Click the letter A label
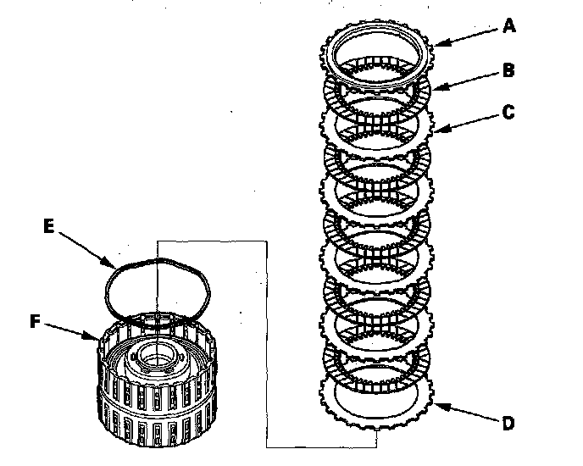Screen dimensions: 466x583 509,26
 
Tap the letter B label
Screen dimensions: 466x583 508,70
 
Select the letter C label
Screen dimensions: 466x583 507,110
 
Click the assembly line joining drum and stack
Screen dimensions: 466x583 267,339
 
